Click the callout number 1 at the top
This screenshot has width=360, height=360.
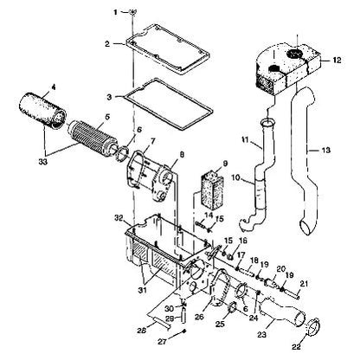click(x=115, y=12)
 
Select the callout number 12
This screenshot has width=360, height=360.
click(x=337, y=60)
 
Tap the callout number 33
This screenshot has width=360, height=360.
click(x=43, y=162)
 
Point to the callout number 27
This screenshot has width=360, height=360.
click(x=163, y=342)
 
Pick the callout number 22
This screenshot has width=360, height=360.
click(x=296, y=347)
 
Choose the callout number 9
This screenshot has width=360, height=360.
click(x=225, y=164)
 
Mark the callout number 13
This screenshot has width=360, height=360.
click(x=326, y=150)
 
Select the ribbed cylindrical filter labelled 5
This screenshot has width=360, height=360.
click(x=92, y=138)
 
